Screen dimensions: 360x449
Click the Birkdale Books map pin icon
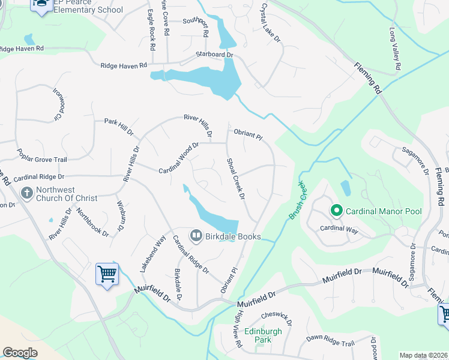(x=196, y=236)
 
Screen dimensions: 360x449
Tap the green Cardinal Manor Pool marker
(x=337, y=211)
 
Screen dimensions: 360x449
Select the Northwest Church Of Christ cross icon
(x=26, y=193)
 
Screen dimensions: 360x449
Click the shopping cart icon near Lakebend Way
(x=107, y=274)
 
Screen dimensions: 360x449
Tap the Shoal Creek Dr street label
(x=236, y=179)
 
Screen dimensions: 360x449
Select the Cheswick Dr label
(x=277, y=318)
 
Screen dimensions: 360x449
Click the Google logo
(x=20, y=353)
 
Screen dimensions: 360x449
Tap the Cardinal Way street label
(x=340, y=228)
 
